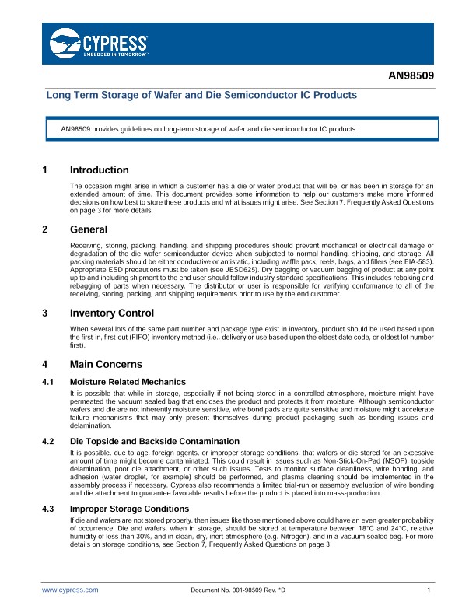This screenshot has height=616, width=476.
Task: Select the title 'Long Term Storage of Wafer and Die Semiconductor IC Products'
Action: coord(201,95)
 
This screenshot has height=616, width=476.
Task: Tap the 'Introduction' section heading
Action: coord(99,170)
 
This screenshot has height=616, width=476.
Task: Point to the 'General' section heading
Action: coord(89,229)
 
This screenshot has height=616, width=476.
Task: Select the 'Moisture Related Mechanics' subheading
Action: coord(128,382)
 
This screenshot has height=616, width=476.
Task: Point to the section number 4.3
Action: coord(47,509)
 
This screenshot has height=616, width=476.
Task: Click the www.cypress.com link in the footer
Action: coord(70,591)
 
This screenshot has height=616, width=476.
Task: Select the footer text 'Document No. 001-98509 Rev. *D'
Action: coord(238,591)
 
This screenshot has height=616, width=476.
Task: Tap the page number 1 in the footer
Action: coord(429,591)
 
